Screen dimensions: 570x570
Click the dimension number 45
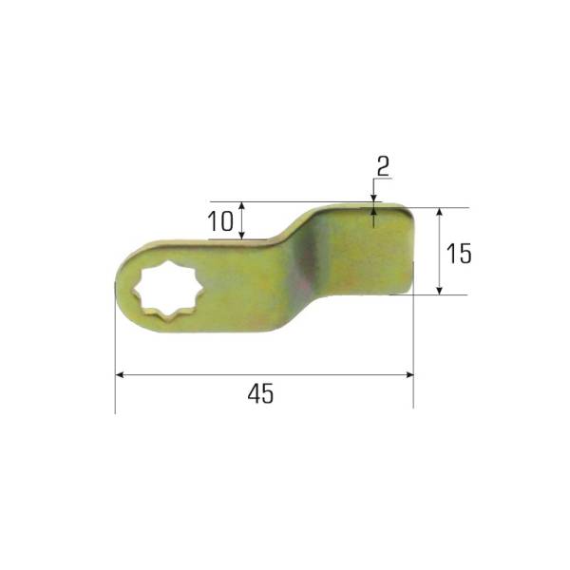tap(260, 393)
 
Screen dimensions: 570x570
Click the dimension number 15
tap(459, 254)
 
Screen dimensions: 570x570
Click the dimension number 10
tap(220, 221)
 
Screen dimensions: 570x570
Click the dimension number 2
tap(383, 166)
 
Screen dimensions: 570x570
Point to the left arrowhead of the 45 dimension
tap(120, 375)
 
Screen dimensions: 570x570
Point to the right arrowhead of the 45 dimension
tap(409, 375)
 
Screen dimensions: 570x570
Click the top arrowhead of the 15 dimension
tap(440, 212)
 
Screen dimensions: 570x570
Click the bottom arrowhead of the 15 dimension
tap(440, 291)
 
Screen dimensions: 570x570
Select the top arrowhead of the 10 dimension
tap(242, 206)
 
